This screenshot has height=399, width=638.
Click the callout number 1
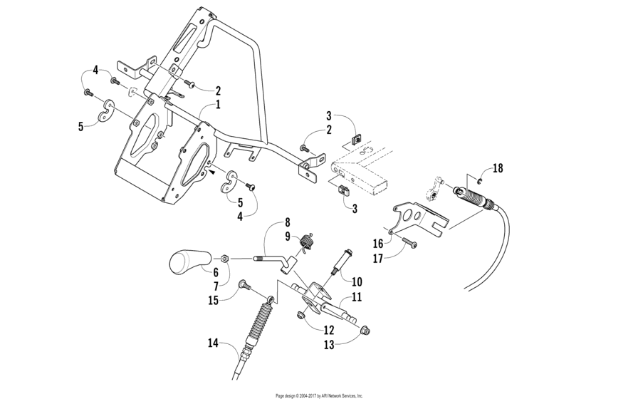point(218,105)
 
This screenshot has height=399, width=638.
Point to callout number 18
point(498,169)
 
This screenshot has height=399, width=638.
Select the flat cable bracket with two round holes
point(417,216)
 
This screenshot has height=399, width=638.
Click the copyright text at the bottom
point(319,395)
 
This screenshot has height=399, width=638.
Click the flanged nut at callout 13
point(364,331)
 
